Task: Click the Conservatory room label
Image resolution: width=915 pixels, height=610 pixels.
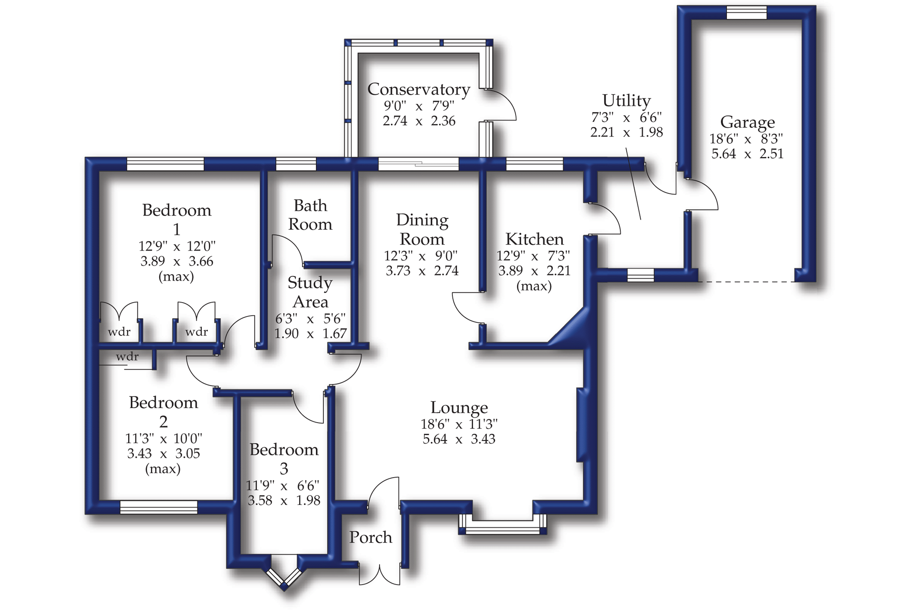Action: coord(419,89)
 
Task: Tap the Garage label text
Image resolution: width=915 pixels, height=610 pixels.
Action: coord(747,123)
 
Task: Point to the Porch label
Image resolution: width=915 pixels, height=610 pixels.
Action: coord(371,537)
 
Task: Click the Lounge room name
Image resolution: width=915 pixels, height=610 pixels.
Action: coord(459,407)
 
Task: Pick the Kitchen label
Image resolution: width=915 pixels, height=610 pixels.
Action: coord(534,238)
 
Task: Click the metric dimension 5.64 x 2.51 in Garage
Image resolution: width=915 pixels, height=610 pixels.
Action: coord(747,154)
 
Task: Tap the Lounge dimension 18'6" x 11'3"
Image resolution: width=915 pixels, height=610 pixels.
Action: coord(459,424)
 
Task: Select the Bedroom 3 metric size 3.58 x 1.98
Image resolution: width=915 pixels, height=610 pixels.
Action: coord(284,501)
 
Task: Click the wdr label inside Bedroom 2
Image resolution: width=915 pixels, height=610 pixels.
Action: coord(127,356)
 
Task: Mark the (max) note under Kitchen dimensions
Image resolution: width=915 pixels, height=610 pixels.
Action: coord(534,286)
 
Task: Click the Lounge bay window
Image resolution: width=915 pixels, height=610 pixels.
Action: coord(502,525)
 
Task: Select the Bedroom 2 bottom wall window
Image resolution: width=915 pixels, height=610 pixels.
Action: coord(158,508)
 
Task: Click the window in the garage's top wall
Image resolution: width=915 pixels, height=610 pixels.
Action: coord(747,12)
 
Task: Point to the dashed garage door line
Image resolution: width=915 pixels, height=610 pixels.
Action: coord(746,282)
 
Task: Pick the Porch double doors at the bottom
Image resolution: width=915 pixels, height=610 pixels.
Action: coord(380,575)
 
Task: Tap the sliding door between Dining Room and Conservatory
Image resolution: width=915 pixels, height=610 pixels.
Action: coord(418,164)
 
